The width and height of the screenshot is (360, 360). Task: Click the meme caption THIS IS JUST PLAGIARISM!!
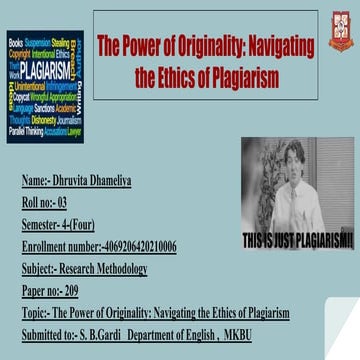[300, 238]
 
